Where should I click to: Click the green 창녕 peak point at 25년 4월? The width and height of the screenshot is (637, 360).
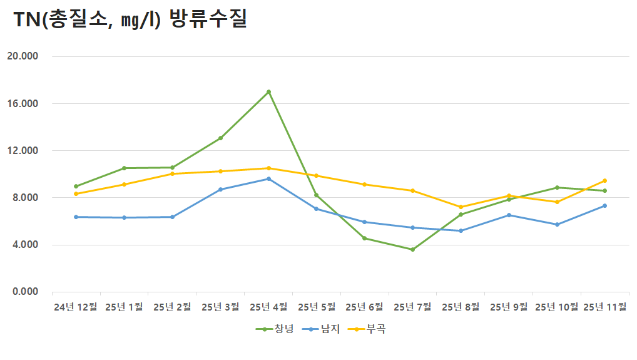coord(268,91)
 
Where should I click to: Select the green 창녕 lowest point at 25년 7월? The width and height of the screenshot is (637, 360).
coord(412,249)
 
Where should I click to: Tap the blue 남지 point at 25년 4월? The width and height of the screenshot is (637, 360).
coord(268,178)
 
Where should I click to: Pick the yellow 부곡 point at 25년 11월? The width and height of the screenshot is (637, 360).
coord(604,180)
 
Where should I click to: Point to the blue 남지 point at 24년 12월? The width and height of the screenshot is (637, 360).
coord(76,217)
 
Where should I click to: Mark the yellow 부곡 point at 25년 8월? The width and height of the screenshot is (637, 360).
coord(461,207)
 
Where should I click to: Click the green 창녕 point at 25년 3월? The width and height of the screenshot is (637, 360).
coord(220,138)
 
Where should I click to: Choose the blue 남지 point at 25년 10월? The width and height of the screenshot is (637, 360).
coord(557,224)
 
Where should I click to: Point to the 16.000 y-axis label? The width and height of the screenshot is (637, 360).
coord(23,103)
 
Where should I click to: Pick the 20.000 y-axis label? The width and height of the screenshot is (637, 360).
coord(23,56)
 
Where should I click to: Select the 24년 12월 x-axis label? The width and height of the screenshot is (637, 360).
coord(76,307)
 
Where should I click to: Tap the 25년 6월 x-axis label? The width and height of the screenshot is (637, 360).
coord(364,307)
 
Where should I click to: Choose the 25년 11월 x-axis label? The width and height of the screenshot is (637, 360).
coord(604,307)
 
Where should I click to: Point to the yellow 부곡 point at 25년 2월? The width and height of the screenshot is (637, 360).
coord(172,173)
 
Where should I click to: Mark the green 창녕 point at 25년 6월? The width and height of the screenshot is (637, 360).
coord(364,238)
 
